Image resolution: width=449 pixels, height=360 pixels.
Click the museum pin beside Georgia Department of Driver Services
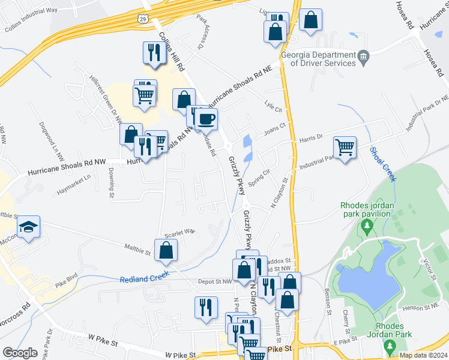point(364,58)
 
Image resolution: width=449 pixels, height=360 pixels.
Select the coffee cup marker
point(206,119)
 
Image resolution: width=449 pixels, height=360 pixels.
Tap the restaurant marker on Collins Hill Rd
point(152,53)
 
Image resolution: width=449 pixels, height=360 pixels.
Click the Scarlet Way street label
point(181,231)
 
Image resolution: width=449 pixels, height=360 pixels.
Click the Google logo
point(20,352)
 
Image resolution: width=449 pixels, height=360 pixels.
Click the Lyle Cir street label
point(273,106)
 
